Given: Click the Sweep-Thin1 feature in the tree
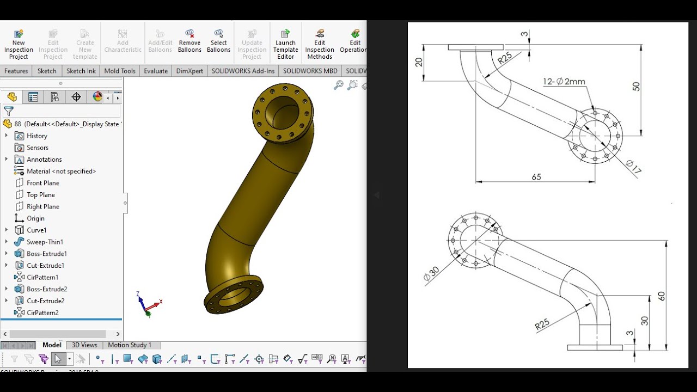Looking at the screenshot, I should (45, 242).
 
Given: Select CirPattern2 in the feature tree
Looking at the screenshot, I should (42, 313).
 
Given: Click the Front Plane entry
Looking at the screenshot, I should (42, 183).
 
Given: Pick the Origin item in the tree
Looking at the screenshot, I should (35, 218).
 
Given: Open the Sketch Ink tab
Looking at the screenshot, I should (81, 71).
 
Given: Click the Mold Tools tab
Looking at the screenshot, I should (119, 71).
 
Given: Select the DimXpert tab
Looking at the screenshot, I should (189, 71).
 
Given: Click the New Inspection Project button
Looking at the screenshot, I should (19, 44).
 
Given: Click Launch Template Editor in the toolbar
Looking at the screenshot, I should (285, 44).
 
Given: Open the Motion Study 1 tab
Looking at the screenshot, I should (130, 345).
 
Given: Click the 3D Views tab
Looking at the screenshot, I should (84, 345).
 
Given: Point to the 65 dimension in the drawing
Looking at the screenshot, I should (536, 177).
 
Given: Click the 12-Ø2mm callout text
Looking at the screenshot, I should (564, 82).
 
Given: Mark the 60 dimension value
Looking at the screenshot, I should (661, 296).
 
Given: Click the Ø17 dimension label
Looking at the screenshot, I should (633, 167).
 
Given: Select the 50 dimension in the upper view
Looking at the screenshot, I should (636, 86).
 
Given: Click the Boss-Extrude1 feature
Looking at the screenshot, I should (46, 254).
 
